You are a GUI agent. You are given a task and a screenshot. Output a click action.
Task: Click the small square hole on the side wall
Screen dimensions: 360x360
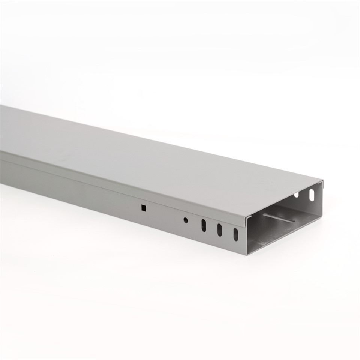(x=143, y=207)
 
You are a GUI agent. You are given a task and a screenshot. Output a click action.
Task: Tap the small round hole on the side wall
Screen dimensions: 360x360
(x=185, y=220)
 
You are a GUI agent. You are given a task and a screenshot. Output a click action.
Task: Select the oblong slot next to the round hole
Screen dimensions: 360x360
(x=204, y=225)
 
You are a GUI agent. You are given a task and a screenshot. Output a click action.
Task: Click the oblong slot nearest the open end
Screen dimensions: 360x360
(x=235, y=234)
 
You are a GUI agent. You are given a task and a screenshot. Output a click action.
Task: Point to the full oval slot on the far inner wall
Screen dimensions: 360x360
(x=312, y=195)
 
